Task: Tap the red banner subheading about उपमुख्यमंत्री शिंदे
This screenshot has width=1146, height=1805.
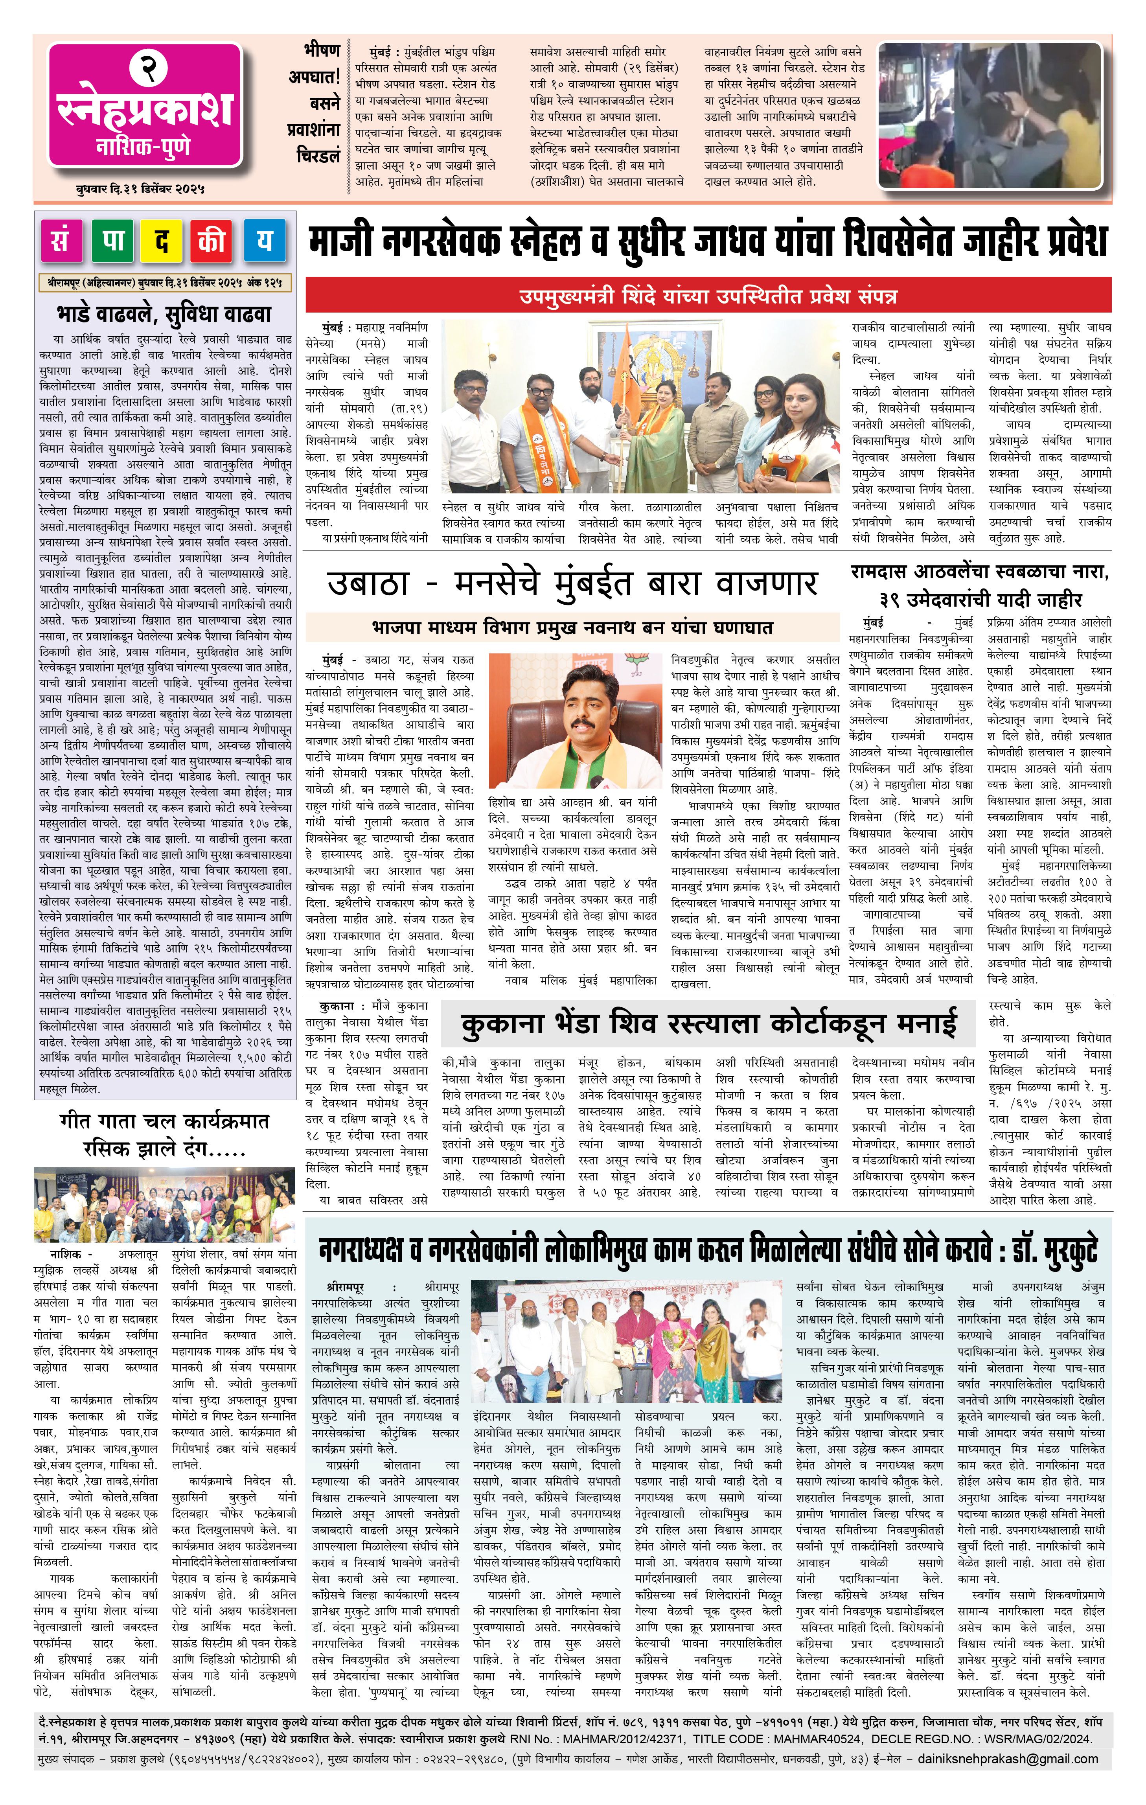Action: (x=707, y=296)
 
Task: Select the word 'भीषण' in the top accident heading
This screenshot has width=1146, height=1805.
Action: (x=322, y=52)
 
